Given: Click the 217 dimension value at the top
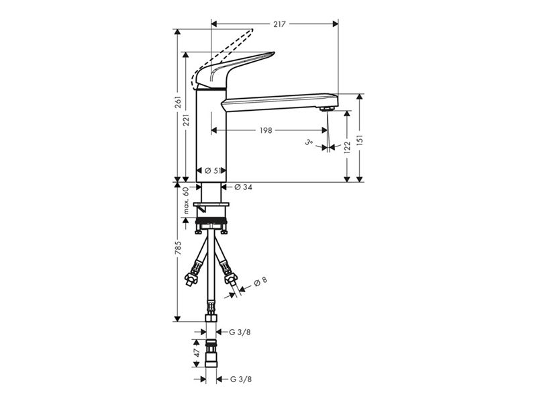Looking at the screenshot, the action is coord(279,24).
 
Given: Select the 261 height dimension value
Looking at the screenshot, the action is coord(178,103).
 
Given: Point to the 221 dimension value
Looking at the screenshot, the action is coord(187,120).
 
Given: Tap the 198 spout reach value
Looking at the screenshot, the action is coord(266,130).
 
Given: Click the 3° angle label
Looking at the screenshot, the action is coord(309,142).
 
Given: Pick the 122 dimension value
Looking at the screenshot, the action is coord(348,147).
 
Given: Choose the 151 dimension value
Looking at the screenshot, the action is coord(360,140).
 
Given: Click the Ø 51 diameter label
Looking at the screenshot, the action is coord(211,171).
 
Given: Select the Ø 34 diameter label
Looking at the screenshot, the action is coord(243,187).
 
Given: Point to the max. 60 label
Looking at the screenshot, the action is coord(186,200).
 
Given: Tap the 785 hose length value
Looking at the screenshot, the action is coord(178,247).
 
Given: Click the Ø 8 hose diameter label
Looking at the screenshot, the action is coord(260,281).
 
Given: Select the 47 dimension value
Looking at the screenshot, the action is coord(197,353).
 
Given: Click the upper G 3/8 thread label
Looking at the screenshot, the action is coord(240,332).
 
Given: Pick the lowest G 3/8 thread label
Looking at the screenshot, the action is coord(240,379).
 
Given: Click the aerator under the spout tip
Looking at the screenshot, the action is coord(326,109).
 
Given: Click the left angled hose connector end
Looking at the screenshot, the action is coord(191,278).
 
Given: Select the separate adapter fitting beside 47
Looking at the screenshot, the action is coord(211,353).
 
